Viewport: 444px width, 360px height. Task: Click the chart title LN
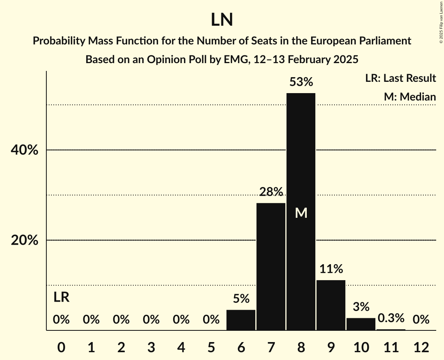222,20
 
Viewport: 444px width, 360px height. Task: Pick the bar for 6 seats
241,320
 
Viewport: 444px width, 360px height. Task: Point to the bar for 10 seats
361,324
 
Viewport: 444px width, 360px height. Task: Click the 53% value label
301,82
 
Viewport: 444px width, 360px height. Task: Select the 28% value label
271,192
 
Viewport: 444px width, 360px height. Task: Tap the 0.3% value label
391,318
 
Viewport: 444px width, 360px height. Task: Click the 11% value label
331,269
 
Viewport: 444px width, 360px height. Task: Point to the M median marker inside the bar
301,213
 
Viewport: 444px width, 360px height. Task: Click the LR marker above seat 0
61,297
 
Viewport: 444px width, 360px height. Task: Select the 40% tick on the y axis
25,150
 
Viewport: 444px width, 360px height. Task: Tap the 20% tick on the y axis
25,240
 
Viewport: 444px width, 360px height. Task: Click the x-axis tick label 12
421,347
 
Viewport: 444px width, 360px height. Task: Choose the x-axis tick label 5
211,347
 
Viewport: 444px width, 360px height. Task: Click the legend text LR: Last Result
400,78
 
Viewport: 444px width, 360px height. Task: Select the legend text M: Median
410,97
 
